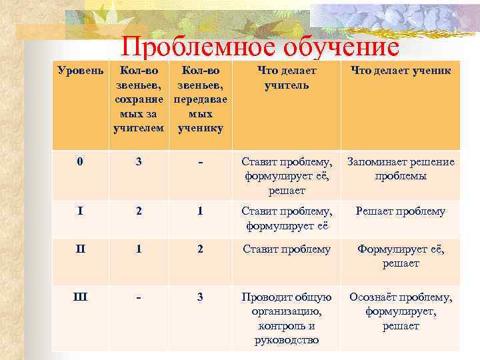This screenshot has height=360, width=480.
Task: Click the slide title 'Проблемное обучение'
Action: point(260,47)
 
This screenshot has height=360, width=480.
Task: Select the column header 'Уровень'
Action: point(81,70)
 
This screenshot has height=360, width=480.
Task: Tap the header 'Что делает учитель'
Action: point(287,77)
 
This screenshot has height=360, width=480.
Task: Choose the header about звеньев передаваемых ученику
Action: point(200,99)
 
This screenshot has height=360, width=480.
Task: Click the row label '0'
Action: point(81,161)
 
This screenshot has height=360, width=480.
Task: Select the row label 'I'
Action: point(81,211)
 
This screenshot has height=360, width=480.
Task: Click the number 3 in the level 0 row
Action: point(139,161)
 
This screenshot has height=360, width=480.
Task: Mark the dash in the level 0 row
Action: point(200,161)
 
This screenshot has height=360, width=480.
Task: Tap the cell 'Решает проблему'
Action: point(400,211)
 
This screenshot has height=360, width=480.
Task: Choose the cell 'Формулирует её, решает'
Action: point(401,257)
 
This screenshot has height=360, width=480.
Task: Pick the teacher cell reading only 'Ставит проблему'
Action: point(287,249)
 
